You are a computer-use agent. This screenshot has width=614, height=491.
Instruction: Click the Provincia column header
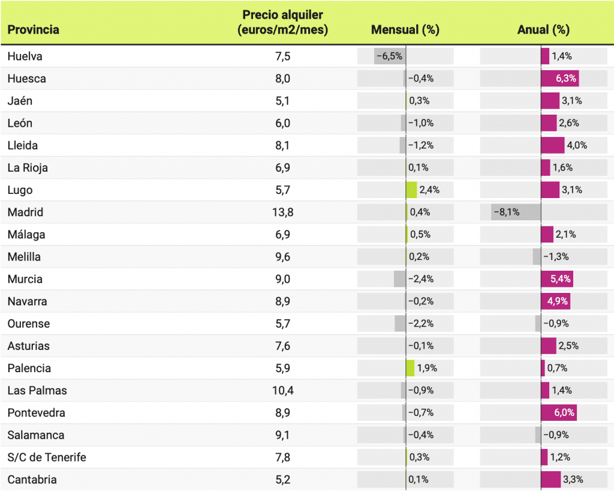(x=34, y=29)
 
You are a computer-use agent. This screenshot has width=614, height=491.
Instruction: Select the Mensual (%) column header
(x=405, y=29)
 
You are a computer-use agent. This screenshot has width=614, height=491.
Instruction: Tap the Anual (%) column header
(x=543, y=29)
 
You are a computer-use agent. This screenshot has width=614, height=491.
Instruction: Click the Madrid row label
(x=26, y=212)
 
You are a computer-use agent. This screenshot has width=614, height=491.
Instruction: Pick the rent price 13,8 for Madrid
(x=282, y=212)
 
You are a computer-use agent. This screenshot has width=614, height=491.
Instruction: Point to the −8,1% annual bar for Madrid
(x=516, y=212)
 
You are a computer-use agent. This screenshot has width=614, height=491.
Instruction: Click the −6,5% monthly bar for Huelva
(x=389, y=56)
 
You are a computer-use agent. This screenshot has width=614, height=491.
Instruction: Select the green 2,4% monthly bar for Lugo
(x=411, y=190)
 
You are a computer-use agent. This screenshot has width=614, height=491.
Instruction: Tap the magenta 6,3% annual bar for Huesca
(x=559, y=79)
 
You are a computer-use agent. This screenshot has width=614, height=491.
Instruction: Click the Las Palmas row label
(x=37, y=390)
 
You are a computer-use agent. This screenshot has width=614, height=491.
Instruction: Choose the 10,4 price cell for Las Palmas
(x=282, y=390)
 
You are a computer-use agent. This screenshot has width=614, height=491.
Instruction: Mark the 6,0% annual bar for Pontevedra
(x=558, y=412)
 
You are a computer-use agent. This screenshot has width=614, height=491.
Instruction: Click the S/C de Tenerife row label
(x=47, y=457)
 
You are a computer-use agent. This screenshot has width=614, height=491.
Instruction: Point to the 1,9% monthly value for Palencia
(x=427, y=368)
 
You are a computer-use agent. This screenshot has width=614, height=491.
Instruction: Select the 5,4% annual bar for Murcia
(x=556, y=279)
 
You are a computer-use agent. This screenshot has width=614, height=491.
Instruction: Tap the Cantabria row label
(x=32, y=480)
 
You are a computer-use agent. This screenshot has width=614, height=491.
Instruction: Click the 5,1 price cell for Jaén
(x=282, y=101)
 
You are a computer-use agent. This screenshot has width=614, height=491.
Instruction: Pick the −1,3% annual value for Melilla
(x=556, y=257)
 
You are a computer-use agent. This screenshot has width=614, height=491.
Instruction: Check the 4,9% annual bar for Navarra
(x=555, y=301)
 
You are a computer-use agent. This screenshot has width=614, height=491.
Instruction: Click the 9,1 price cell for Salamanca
(x=282, y=435)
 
